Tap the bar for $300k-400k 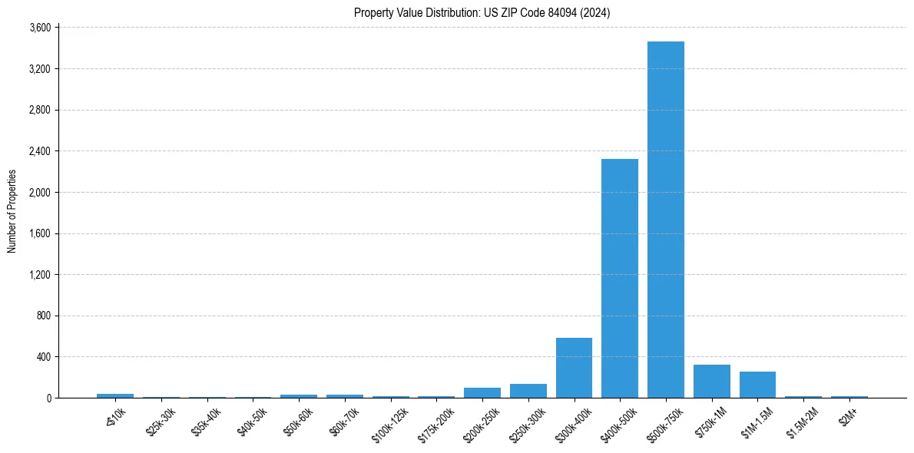point(574,368)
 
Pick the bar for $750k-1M point(711,381)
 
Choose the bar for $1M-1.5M point(757,385)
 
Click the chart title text point(482,12)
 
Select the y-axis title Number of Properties point(12,211)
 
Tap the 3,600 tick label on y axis point(39,28)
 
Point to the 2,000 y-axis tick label point(39,193)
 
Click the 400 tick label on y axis point(43,357)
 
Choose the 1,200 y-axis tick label point(39,275)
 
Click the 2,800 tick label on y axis point(39,111)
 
